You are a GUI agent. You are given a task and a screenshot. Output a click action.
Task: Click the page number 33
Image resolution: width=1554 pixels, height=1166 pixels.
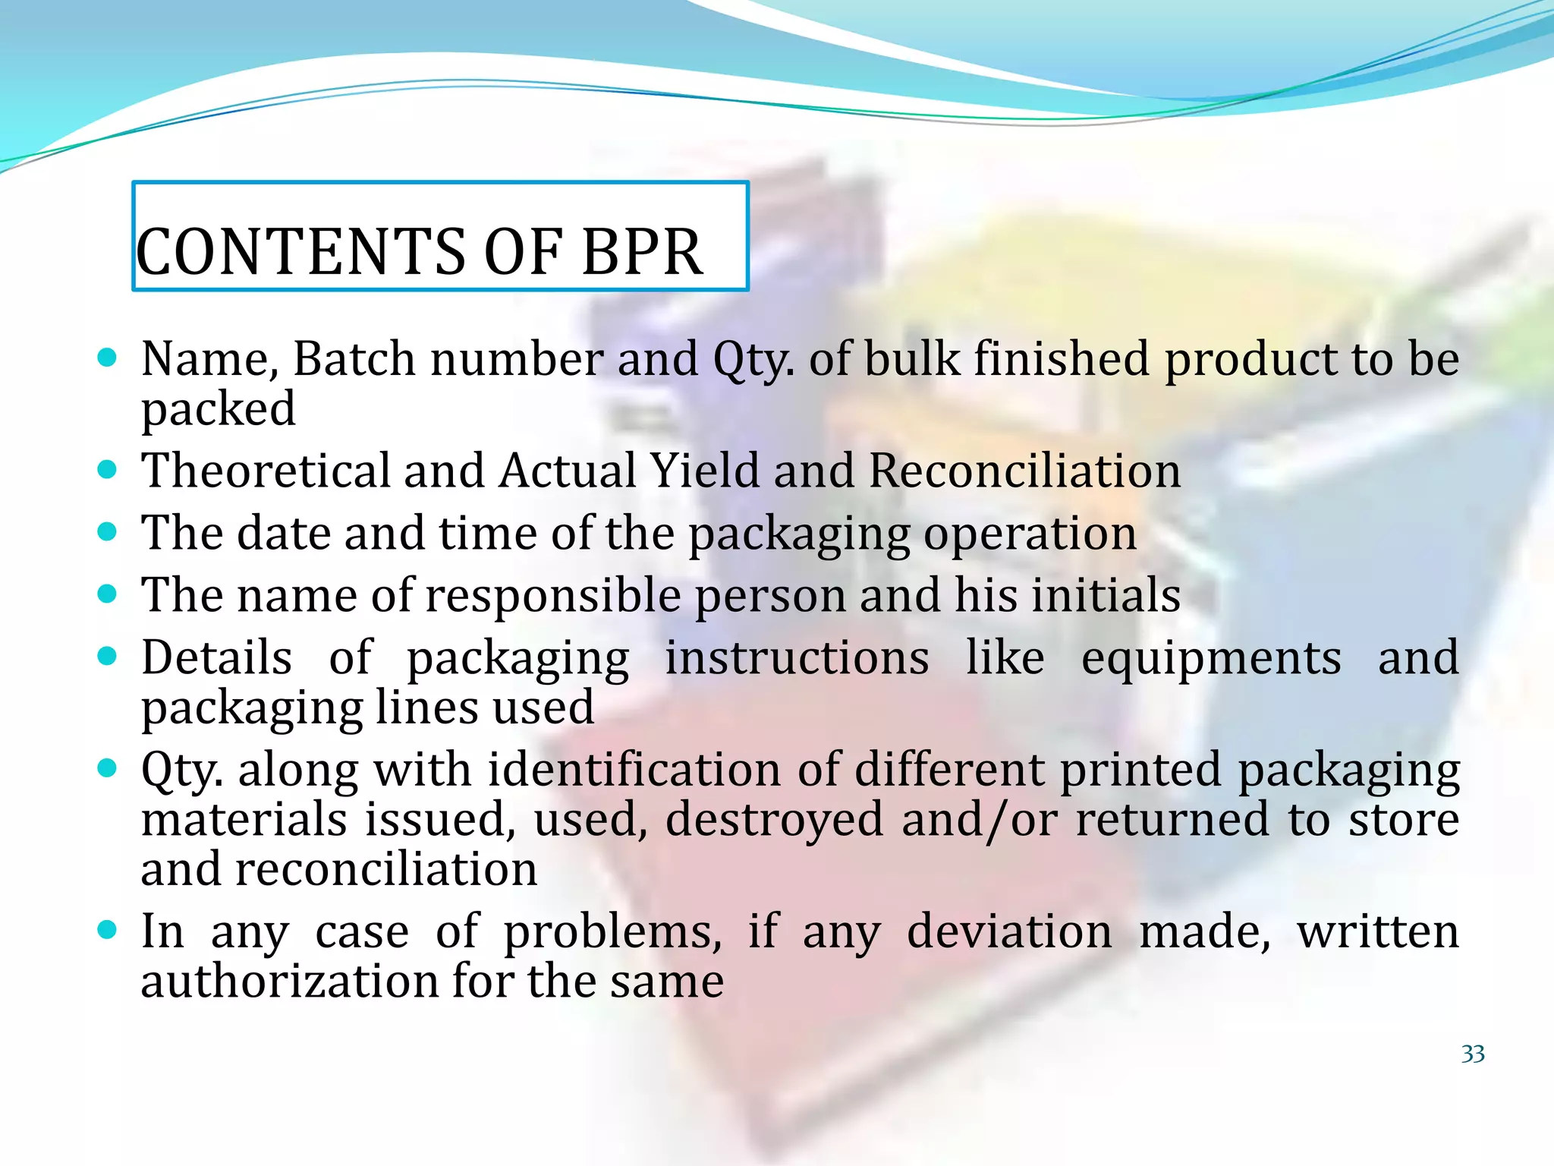coord(1472,1054)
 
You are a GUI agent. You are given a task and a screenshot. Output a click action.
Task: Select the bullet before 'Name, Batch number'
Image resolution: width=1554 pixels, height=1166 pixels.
coord(108,358)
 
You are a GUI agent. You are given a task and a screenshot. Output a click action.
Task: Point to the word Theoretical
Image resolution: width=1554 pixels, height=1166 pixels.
coord(265,471)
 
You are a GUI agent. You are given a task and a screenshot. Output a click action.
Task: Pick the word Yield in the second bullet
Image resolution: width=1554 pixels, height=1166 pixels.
coord(706,471)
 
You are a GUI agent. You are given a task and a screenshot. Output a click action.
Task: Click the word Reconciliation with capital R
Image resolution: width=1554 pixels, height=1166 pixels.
coord(1024,471)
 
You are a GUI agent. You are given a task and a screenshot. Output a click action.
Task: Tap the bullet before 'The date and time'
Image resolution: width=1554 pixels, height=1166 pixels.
coord(108,532)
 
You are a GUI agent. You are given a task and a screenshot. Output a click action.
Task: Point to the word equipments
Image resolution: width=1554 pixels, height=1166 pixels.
coord(1211,658)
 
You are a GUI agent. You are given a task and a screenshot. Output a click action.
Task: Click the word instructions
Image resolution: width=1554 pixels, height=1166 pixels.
coord(797,657)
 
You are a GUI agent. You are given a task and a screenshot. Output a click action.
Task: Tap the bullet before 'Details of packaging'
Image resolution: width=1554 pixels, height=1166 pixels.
coord(108,656)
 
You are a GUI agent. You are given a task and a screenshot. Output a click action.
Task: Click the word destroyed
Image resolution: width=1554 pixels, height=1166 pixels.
coord(775,821)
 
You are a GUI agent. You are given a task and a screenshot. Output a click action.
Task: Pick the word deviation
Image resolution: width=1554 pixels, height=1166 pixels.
coord(1009,931)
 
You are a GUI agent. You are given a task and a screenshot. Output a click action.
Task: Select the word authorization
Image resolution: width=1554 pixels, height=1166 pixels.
coord(289,982)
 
